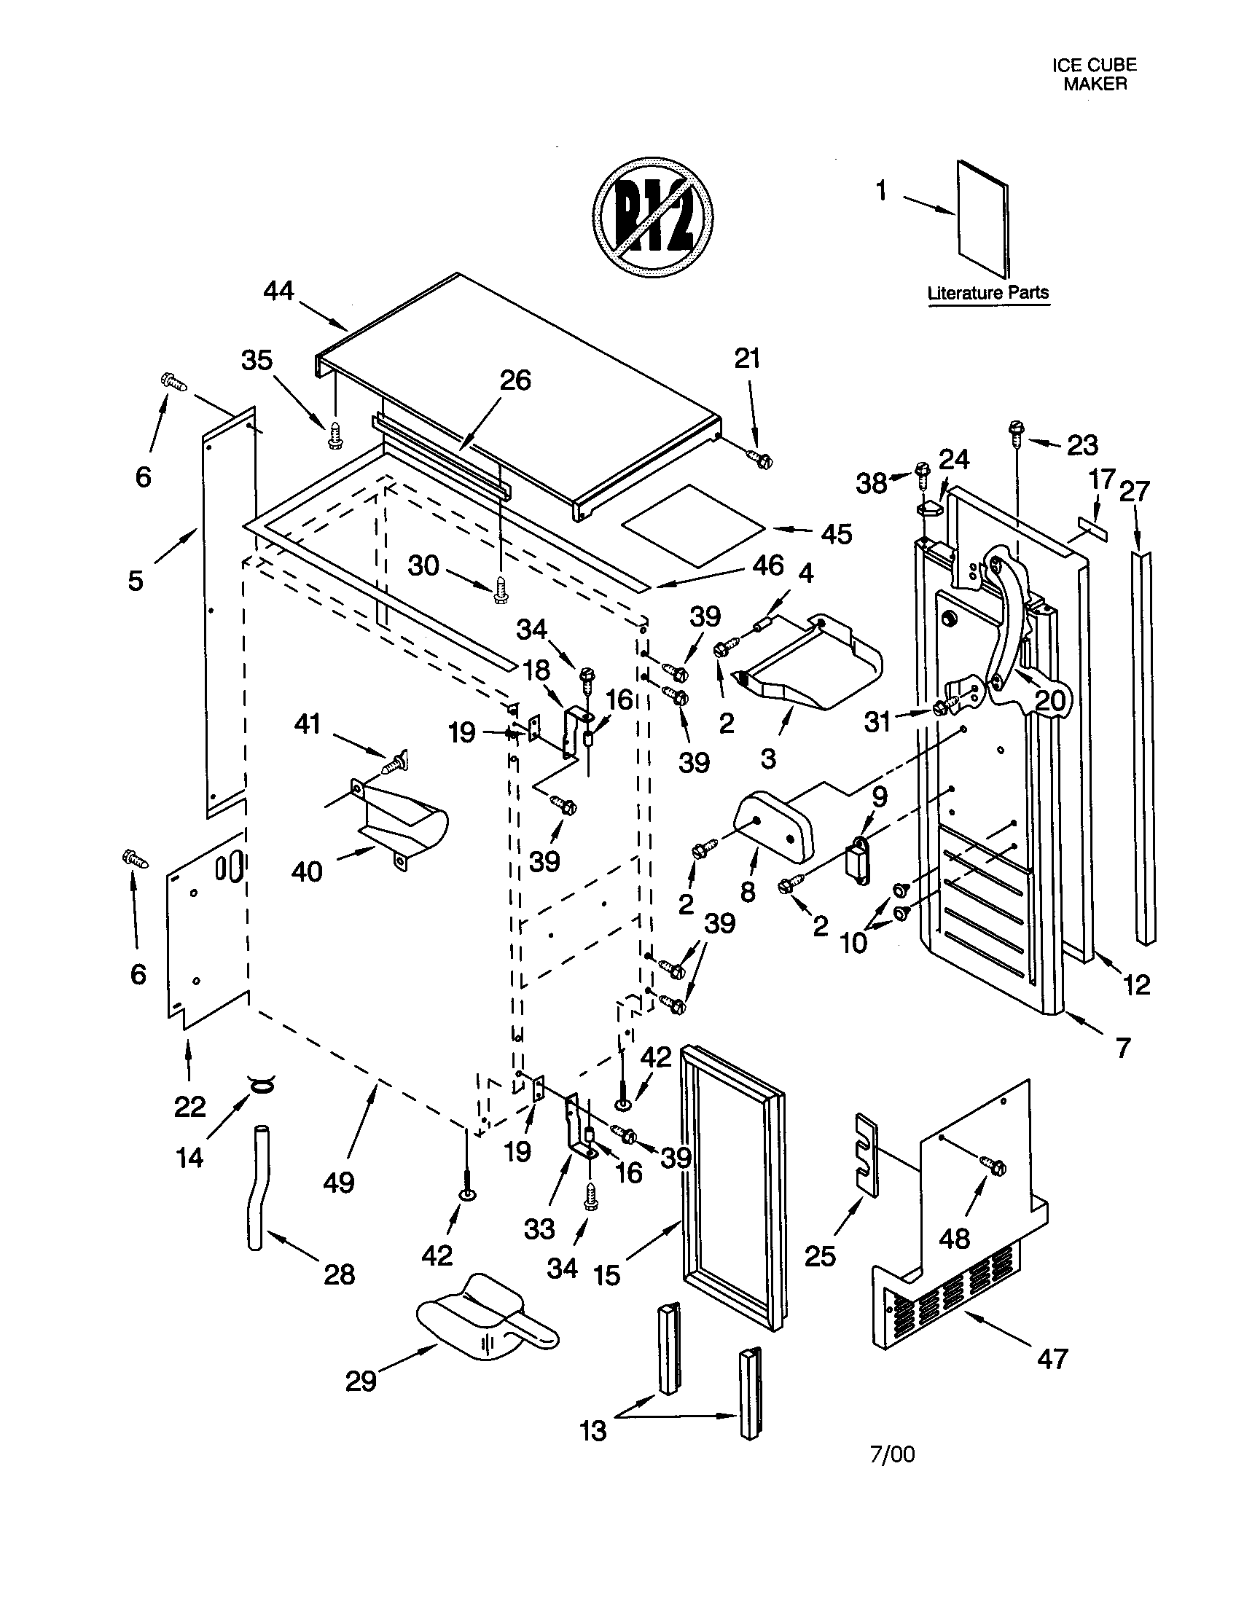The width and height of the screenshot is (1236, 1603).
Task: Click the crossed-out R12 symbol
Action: pos(652,216)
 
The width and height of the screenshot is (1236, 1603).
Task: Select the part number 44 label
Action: pos(278,291)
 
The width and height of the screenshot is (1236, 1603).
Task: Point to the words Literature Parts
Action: pos(988,293)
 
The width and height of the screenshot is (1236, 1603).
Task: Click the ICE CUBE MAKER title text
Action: pos(1095,74)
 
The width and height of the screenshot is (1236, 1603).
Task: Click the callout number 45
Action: pos(837,533)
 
